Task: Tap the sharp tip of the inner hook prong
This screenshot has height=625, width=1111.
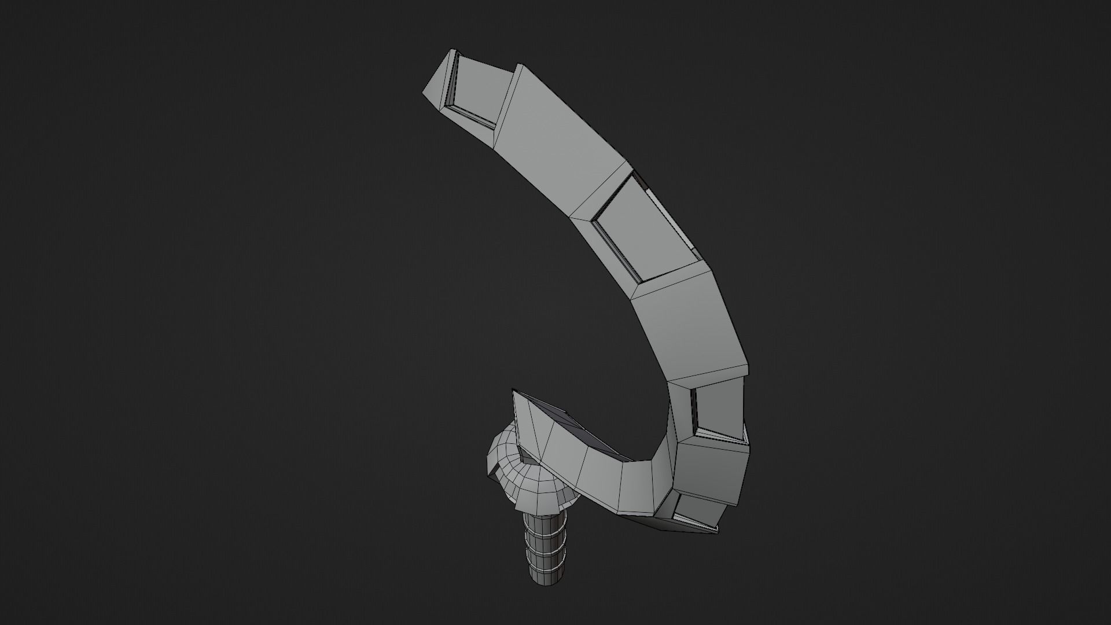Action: (x=515, y=393)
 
